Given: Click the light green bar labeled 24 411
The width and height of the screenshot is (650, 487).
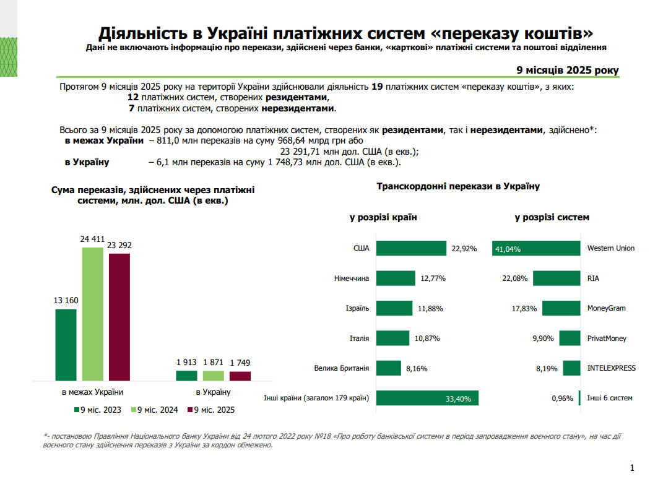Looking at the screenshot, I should coord(92,314).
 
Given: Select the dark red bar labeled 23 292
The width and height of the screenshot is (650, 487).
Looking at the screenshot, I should coord(119,317).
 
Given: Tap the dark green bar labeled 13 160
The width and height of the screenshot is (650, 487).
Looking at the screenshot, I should coord(66,345).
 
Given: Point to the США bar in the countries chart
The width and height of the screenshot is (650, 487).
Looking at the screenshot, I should coord(411,248).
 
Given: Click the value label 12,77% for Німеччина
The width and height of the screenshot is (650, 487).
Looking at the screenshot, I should coord(433,278).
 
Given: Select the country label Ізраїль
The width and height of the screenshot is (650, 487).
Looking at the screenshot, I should coord(357,308).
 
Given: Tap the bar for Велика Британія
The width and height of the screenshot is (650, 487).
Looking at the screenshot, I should coord(389,368).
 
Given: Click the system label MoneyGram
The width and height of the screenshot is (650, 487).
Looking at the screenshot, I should coord(605,308).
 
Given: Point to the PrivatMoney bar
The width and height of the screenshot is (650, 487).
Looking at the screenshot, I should coord(570,338).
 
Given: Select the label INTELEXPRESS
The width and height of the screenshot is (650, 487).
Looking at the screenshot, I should coord(611,368).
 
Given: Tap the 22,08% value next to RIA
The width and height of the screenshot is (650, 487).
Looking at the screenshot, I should coord(515,278).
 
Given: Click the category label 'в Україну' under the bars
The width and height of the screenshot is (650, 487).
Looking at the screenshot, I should coord(213,392).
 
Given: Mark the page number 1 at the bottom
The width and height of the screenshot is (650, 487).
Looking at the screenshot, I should coord(631,468).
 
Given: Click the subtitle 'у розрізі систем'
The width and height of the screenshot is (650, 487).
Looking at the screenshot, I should coord(552,217).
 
